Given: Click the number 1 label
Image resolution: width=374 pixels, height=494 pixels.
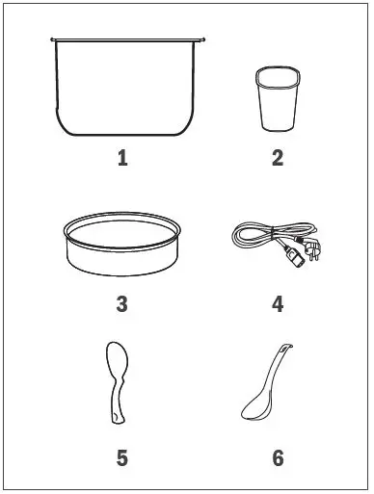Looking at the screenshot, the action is (122, 159).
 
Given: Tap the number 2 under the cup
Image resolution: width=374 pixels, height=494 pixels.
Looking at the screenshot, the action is (278, 159).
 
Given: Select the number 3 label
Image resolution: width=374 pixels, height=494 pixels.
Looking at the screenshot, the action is (122, 304).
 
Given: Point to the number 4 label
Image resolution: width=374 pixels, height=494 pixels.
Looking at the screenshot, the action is (278, 304).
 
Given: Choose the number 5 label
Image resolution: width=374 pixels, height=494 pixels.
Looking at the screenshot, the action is (122, 458).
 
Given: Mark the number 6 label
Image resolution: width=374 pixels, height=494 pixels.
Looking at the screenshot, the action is (279, 458).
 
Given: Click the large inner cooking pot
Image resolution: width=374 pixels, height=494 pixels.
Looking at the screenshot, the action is (127, 87).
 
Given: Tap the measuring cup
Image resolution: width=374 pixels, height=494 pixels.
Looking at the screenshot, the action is (279, 99).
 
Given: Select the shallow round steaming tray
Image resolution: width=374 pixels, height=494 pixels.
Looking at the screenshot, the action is (122, 244).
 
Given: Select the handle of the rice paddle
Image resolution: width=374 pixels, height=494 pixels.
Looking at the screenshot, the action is (117, 402).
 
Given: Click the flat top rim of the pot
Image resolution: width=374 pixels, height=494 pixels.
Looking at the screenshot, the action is (127, 39).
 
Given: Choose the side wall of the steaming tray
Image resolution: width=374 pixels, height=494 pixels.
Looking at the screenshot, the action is (122, 262).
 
